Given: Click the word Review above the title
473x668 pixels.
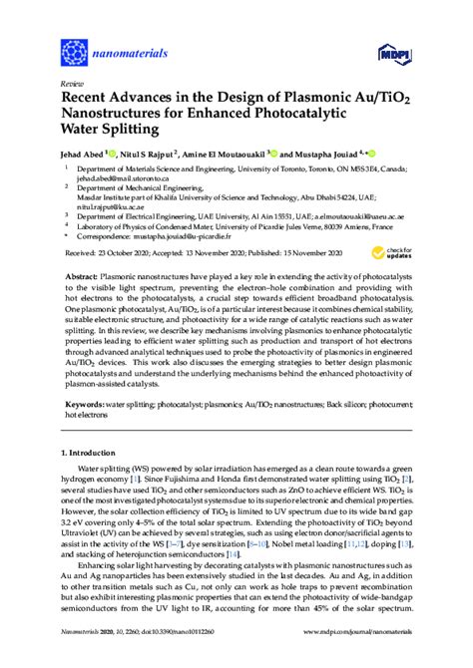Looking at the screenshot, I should pyautogui.click(x=72, y=86).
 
